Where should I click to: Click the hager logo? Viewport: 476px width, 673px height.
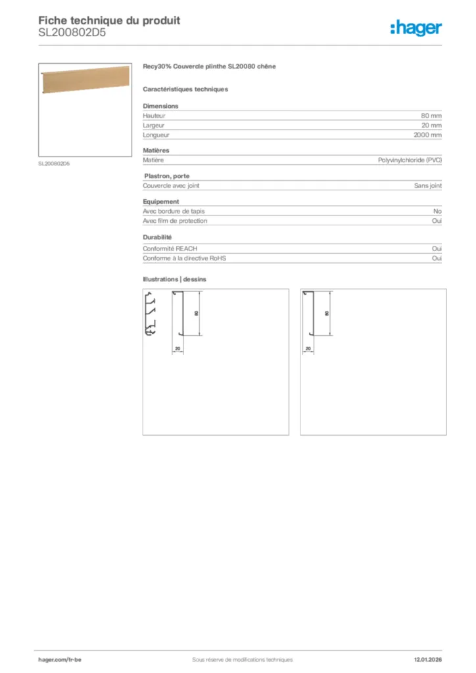click(x=416, y=28)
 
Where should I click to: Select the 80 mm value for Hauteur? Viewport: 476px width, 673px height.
click(x=431, y=116)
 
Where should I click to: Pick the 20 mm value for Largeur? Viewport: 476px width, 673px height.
click(x=431, y=125)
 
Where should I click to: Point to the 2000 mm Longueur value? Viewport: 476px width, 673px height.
click(x=427, y=135)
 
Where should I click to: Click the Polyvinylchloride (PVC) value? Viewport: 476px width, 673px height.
click(x=410, y=160)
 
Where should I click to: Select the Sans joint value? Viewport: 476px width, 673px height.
click(x=427, y=185)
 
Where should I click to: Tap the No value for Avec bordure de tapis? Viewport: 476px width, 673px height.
click(x=437, y=211)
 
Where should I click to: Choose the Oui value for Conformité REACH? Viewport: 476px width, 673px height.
click(x=437, y=249)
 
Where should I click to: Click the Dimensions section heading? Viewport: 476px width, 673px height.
click(x=160, y=106)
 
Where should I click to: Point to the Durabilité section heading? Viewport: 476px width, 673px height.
click(x=157, y=237)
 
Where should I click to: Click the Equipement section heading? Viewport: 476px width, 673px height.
click(x=161, y=201)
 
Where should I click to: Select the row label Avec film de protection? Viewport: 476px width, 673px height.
click(x=175, y=221)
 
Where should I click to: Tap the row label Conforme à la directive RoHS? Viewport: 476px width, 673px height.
click(x=184, y=258)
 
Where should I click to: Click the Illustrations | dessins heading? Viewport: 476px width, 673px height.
click(x=174, y=279)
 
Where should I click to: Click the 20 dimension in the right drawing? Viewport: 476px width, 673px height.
click(x=308, y=348)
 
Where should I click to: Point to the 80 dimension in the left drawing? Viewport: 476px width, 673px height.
click(x=197, y=313)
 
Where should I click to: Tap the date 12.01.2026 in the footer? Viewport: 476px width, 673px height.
click(x=427, y=659)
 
